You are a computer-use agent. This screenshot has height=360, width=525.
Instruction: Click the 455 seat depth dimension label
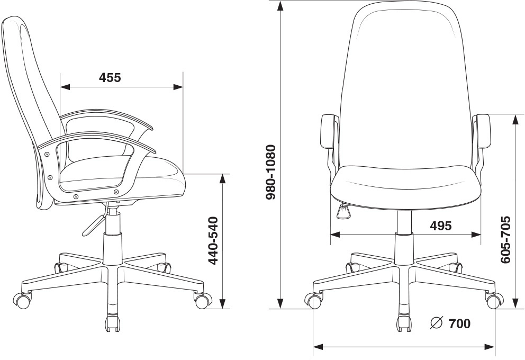pyautogui.click(x=110, y=78)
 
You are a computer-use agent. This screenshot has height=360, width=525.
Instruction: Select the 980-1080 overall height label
pyautogui.click(x=270, y=173)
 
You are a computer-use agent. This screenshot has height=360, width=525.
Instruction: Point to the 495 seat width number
pyautogui.click(x=441, y=226)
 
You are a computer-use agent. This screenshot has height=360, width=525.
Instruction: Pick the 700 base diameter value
pyautogui.click(x=459, y=324)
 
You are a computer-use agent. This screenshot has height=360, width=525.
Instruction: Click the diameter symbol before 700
pyautogui.click(x=437, y=322)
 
